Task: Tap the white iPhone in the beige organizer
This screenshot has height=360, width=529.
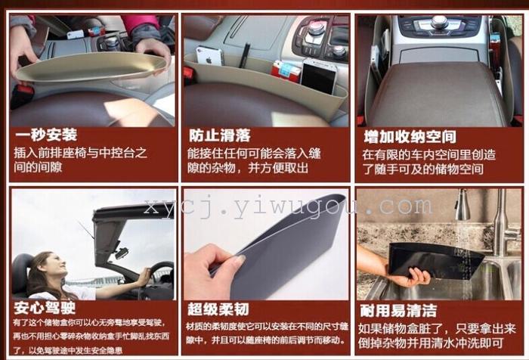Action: pyautogui.click(x=209, y=56)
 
